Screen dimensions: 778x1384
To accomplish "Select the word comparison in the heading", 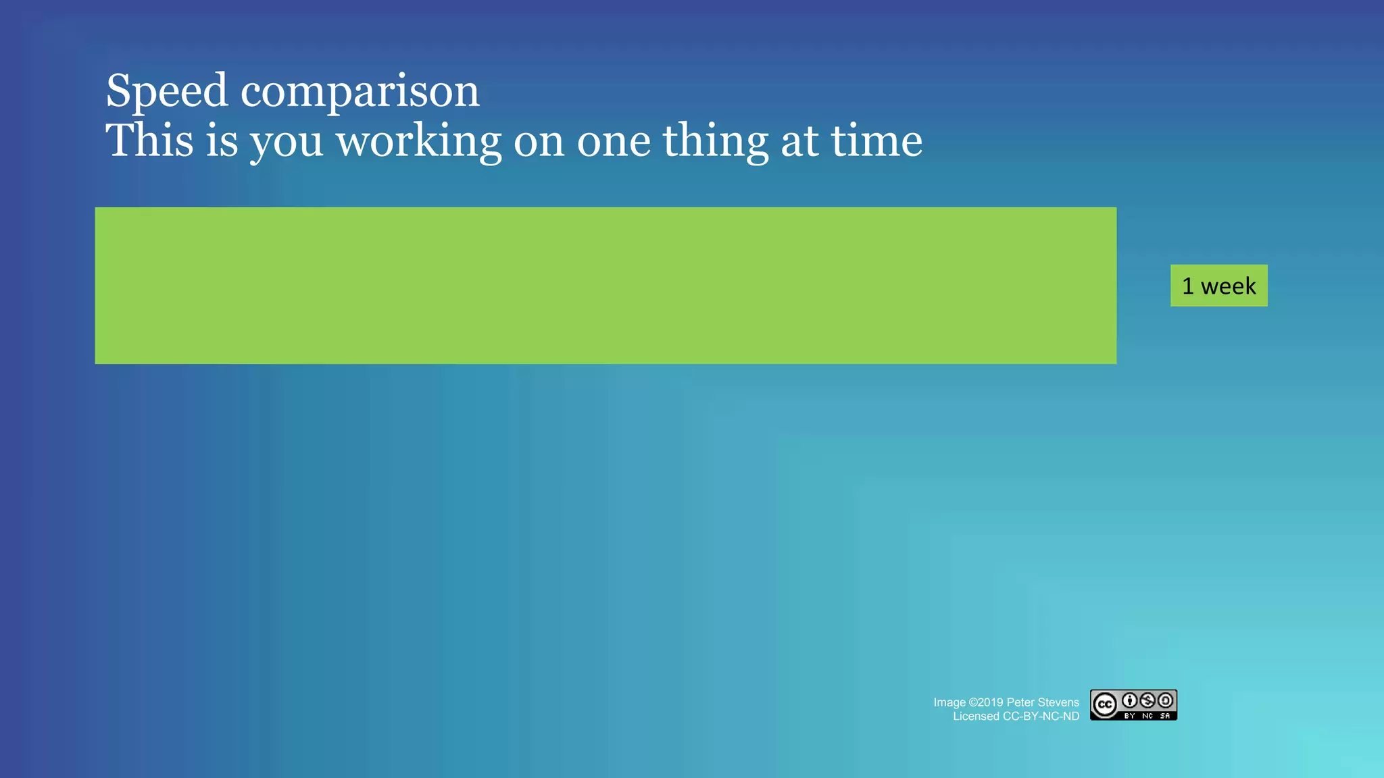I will click(360, 90).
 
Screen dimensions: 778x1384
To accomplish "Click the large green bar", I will click(605, 286).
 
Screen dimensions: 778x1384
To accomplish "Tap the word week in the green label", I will click(1228, 286).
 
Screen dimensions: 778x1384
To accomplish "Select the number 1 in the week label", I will click(1188, 286).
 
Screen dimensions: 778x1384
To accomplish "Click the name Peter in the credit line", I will click(1020, 702).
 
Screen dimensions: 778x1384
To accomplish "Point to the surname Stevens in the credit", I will click(1058, 702).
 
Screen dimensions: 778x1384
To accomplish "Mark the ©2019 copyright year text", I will click(986, 702).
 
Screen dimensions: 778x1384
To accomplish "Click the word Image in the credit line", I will click(949, 702).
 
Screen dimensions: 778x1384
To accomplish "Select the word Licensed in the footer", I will click(976, 717).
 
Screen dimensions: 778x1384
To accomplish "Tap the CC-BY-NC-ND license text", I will click(1041, 717).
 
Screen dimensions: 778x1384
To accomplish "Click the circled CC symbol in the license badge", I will click(1105, 705).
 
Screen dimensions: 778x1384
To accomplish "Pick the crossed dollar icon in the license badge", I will click(1147, 700).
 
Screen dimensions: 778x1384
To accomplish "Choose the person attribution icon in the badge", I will click(1130, 700).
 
